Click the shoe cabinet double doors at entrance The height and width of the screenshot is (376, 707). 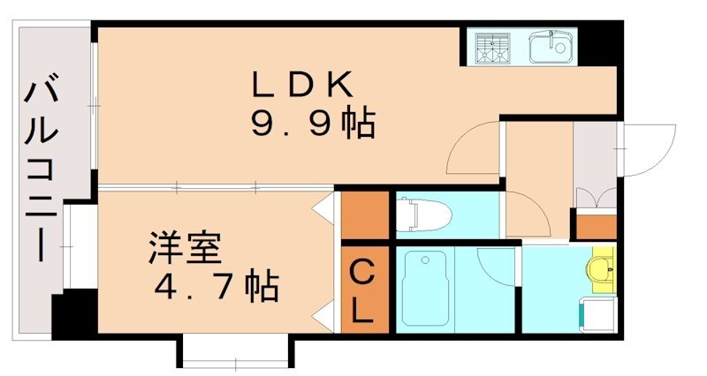pos(594,199)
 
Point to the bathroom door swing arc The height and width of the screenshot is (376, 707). pos(496,265)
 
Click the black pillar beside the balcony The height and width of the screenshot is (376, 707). pos(72,314)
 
